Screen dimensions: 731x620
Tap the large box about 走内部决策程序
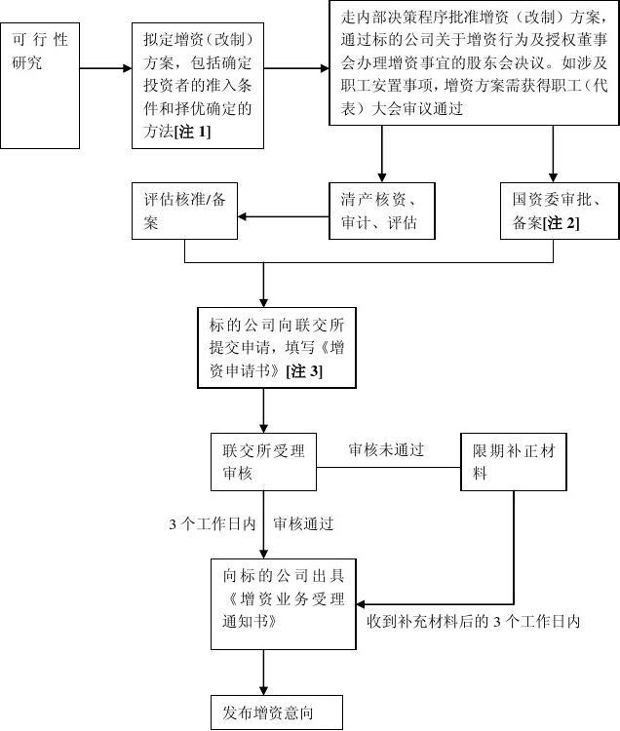(474, 63)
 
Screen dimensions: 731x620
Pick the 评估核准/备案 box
(185, 210)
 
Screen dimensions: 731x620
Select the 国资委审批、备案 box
(560, 210)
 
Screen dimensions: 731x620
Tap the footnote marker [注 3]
(304, 371)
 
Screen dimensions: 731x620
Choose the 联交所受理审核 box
(263, 462)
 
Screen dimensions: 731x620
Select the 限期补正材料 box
(514, 462)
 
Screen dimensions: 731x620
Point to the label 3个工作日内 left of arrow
(212, 523)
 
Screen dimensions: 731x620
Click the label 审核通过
(304, 523)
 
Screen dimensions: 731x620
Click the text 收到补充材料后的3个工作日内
(474, 621)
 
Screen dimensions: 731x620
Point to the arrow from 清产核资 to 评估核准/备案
(284, 215)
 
